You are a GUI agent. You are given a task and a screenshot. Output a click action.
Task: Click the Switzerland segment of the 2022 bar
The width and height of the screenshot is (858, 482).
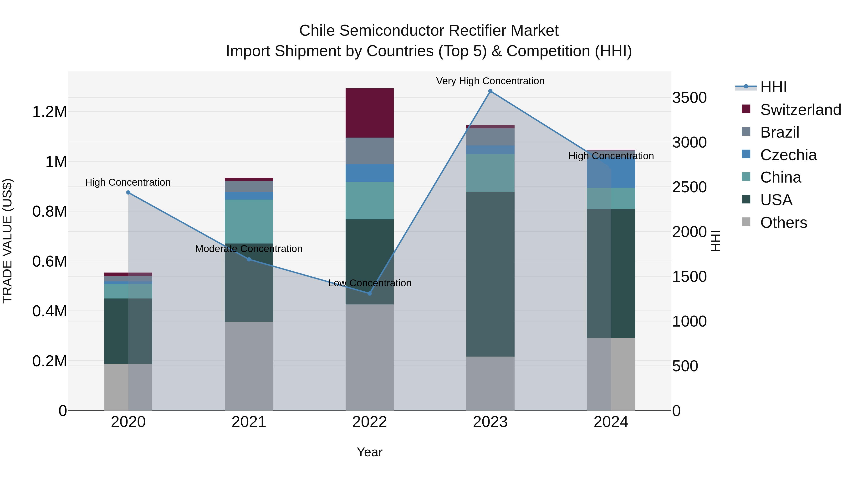point(369,113)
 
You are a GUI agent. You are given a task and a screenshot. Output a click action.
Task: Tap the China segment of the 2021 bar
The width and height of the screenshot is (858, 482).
point(249,221)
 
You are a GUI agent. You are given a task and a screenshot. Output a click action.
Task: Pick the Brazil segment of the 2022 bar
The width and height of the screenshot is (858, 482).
point(369,151)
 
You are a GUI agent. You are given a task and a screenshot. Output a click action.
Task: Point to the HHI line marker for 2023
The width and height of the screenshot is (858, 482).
point(490,91)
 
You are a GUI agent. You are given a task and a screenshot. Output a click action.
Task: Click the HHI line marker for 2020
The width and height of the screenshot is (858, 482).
point(128,193)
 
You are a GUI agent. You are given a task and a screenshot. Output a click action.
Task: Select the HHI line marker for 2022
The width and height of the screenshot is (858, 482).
point(369,293)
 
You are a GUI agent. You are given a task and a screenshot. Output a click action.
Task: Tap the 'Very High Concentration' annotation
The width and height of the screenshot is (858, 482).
point(490,81)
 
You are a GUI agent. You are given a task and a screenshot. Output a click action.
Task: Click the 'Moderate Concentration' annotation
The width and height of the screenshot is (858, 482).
point(249,249)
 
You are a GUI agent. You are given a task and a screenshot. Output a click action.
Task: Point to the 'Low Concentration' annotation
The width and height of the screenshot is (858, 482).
point(369,283)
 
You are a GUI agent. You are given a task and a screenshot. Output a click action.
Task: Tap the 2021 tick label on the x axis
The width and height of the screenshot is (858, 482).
point(249,422)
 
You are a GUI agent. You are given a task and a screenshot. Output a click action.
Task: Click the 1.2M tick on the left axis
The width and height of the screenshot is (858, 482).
point(49,112)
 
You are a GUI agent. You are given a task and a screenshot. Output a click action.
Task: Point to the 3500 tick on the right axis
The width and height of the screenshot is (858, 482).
point(689,98)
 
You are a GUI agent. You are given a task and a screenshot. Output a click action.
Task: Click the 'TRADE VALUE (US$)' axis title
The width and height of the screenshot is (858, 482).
point(7,241)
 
